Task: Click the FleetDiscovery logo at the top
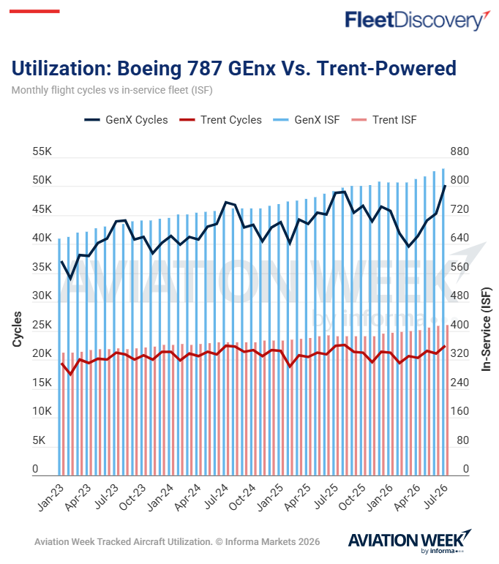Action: click(x=417, y=20)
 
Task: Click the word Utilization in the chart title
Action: click(x=61, y=68)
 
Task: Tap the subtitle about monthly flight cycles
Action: click(x=112, y=90)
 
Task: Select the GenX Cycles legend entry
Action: click(x=126, y=120)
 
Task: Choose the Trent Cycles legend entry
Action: click(x=220, y=120)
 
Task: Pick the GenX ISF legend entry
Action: click(x=306, y=120)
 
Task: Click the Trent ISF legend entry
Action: click(x=384, y=120)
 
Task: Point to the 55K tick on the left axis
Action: click(x=42, y=151)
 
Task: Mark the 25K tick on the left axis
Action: click(x=42, y=325)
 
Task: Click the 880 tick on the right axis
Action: click(x=459, y=151)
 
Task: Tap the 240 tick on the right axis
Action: click(x=459, y=383)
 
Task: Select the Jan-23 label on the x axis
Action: click(x=50, y=498)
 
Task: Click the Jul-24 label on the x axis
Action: click(x=216, y=497)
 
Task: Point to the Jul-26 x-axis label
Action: click(x=435, y=497)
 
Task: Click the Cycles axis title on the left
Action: click(x=17, y=329)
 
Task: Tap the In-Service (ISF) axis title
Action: click(x=486, y=329)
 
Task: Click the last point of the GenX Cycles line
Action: click(x=445, y=186)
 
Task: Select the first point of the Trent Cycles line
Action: click(x=62, y=364)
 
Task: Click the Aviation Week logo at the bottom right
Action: click(x=410, y=541)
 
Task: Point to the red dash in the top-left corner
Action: click(x=34, y=12)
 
